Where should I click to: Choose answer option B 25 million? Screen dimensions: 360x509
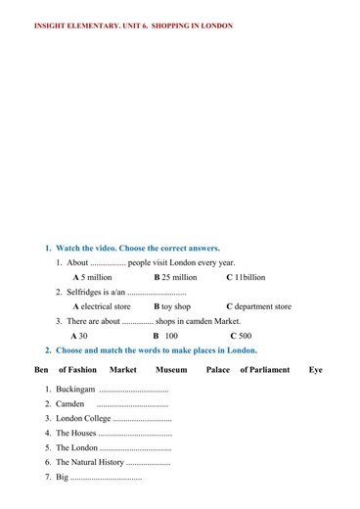[x=175, y=277]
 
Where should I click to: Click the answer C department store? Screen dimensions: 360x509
[x=258, y=306]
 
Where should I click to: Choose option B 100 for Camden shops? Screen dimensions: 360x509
[x=165, y=336]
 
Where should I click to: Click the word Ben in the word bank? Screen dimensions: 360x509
[x=41, y=370]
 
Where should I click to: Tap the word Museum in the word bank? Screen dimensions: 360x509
[x=170, y=370]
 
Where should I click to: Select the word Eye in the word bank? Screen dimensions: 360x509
[x=315, y=370]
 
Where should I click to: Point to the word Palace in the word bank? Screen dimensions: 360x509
[x=218, y=370]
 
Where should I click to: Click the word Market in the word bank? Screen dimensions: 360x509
[x=123, y=370]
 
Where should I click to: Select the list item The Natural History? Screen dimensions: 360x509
[x=90, y=462]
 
